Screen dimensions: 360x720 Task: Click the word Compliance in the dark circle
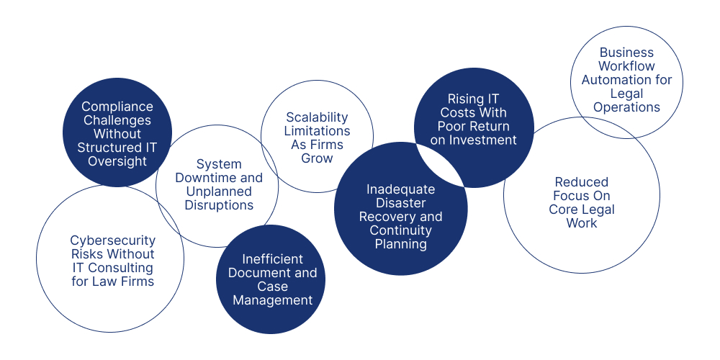[x=117, y=107]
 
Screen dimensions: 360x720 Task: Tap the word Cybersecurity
[x=112, y=240]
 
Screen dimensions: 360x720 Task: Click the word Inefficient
[x=273, y=259]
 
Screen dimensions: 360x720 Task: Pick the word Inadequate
[x=400, y=189]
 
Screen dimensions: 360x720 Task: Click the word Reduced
[x=581, y=182]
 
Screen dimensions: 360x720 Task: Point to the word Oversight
[x=117, y=161]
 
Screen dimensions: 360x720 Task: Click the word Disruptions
[x=217, y=205]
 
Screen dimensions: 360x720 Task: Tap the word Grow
[x=317, y=158]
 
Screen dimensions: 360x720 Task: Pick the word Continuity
[x=400, y=230]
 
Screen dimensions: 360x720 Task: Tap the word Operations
[x=626, y=107]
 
